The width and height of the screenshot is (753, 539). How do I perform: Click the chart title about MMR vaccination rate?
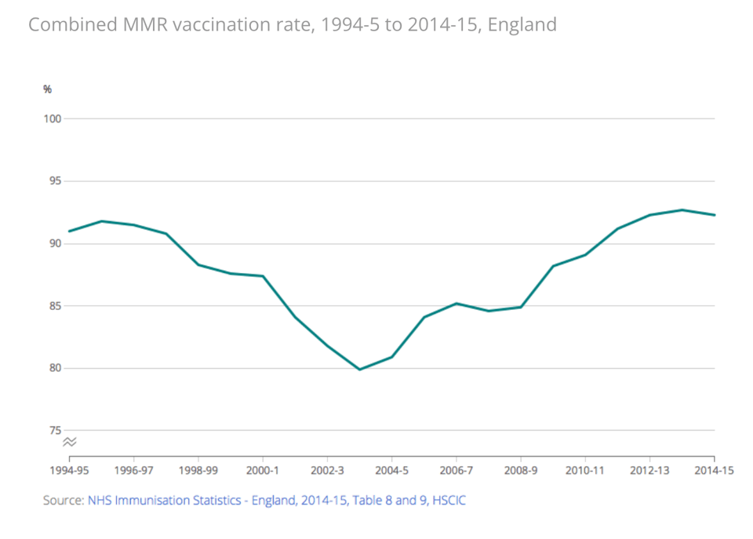[293, 25]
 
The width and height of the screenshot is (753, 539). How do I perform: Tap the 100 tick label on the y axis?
[53, 118]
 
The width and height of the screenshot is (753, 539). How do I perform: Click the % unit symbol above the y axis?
[47, 89]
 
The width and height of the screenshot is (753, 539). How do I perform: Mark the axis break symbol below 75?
[70, 442]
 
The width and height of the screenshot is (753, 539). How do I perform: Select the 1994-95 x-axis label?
[69, 471]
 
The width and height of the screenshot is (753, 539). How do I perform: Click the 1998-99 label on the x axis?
[198, 471]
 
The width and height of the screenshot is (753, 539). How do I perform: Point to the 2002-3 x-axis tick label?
[327, 471]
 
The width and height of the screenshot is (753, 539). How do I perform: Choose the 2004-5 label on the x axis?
[391, 471]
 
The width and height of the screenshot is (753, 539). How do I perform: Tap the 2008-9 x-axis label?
[521, 471]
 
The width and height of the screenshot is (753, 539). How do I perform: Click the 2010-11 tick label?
[585, 471]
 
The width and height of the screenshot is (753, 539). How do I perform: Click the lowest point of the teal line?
[359, 369]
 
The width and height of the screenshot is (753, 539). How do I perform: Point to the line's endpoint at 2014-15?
[714, 215]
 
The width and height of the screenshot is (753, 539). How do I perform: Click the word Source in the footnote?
[63, 500]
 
